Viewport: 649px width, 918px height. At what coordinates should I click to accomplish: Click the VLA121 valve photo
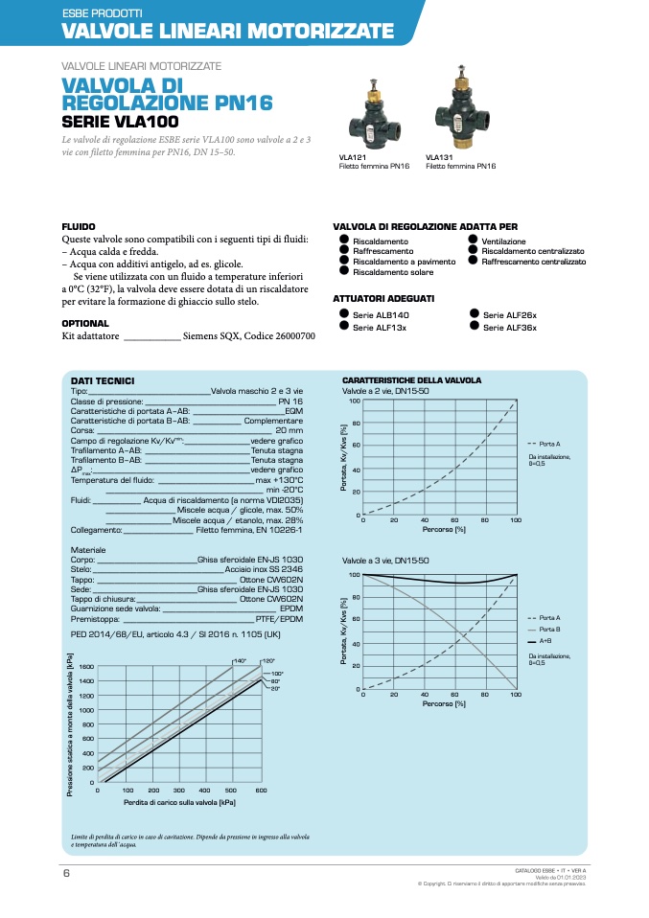(369, 115)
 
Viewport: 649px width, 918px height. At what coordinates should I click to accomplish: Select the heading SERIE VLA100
(120, 122)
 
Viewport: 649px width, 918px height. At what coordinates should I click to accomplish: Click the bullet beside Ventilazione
(473, 240)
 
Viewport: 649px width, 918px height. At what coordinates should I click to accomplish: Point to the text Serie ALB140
(381, 315)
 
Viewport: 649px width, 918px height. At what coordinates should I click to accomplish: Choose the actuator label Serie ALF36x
(509, 327)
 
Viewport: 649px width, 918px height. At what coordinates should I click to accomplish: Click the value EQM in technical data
(293, 411)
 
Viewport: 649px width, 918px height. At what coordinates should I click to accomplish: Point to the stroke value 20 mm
(289, 430)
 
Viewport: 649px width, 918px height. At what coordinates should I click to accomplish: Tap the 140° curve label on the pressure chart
(240, 661)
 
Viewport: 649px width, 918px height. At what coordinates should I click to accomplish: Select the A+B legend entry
(545, 640)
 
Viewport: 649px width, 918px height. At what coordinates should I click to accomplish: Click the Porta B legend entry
(549, 629)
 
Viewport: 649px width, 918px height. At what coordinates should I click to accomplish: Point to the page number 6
(66, 873)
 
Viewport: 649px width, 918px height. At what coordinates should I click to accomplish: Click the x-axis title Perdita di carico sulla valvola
(179, 802)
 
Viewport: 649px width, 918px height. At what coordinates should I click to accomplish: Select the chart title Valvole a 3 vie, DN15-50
(385, 561)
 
